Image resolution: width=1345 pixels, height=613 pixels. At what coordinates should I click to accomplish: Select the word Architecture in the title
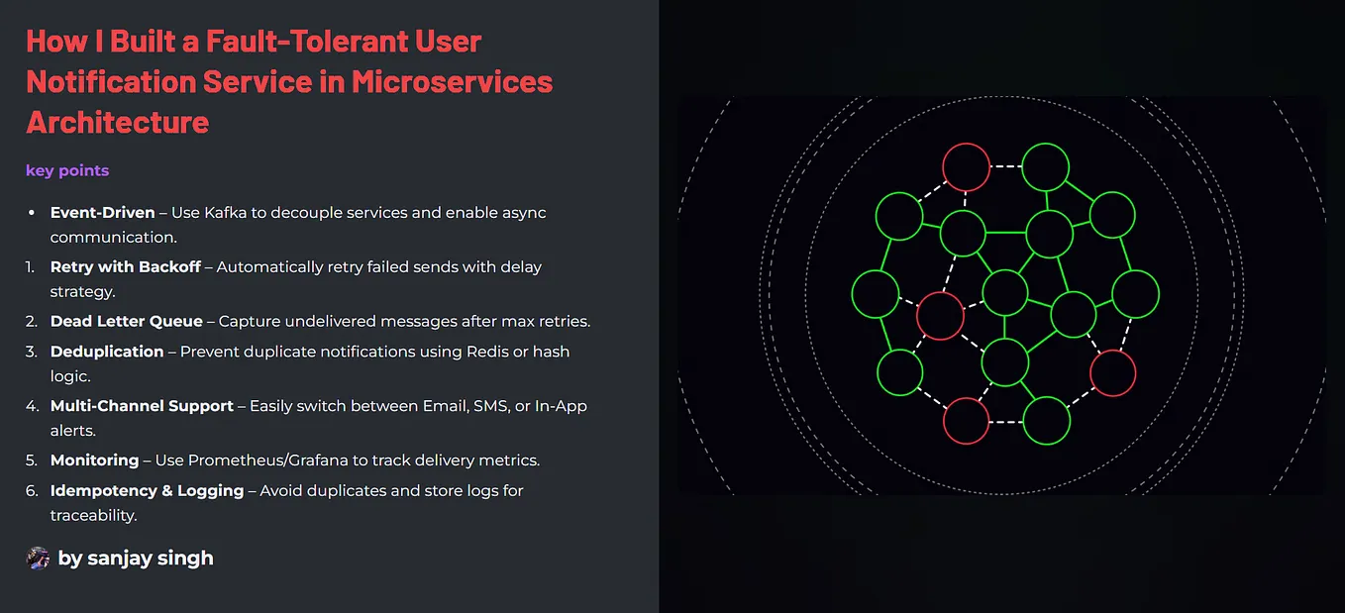click(x=118, y=122)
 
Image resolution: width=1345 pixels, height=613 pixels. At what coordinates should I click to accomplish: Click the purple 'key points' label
click(x=67, y=170)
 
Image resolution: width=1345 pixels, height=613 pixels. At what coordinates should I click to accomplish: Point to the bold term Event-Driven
click(x=103, y=213)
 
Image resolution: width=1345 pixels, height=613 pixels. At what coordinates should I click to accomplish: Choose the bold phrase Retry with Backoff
click(x=126, y=267)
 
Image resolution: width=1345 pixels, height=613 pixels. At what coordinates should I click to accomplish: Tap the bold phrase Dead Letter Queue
click(x=127, y=322)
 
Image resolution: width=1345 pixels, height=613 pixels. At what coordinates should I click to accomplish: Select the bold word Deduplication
click(x=107, y=352)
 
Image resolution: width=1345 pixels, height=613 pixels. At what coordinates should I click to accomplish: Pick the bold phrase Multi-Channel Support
click(x=143, y=406)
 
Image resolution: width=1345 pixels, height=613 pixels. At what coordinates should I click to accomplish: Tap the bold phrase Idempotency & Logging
click(x=148, y=490)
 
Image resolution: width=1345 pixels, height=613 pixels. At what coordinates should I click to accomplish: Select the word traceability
click(x=93, y=515)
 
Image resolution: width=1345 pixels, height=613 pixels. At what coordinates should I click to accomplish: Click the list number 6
click(x=31, y=490)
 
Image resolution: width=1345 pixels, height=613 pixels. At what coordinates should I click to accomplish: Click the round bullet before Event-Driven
click(x=30, y=213)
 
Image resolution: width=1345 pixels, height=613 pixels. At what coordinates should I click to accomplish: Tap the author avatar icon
click(x=38, y=558)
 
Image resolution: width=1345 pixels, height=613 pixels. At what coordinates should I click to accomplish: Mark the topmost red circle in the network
click(x=966, y=167)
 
